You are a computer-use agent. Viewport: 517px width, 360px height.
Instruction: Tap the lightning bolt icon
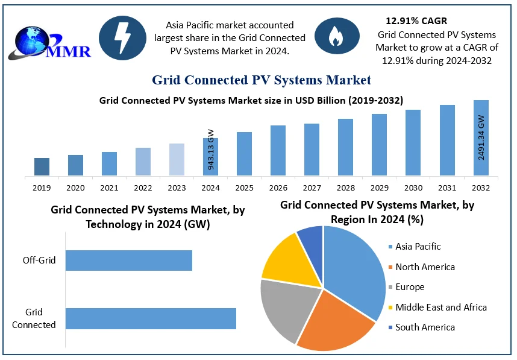[x=122, y=37]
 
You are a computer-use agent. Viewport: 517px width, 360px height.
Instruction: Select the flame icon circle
[x=337, y=37]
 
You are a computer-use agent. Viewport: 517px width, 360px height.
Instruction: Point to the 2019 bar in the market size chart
[x=42, y=167]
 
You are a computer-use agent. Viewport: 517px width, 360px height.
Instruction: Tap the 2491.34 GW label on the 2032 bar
[x=481, y=137]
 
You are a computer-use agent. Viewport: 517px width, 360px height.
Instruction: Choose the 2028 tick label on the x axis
[x=345, y=188]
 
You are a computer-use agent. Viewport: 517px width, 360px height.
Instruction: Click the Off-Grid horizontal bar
[x=128, y=261]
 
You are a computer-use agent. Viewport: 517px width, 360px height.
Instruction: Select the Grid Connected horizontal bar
[x=151, y=318]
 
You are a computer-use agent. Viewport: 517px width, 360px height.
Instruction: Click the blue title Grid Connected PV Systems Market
[x=262, y=80]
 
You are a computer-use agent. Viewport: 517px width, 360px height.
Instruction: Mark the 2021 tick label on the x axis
[x=109, y=188]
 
